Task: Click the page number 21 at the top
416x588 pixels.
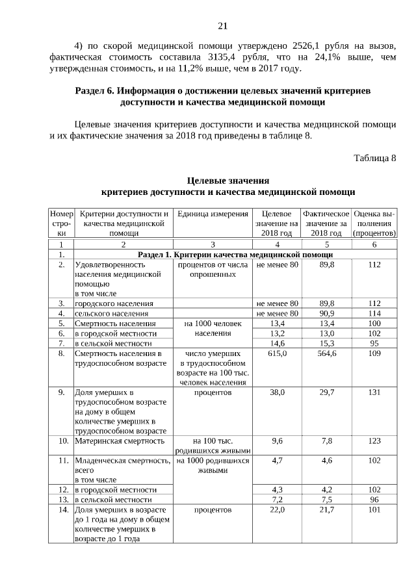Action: pos(222,26)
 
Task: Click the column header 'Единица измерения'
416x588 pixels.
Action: pos(213,214)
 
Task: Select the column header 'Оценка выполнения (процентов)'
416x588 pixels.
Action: pos(374,223)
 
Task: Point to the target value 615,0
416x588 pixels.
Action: pos(277,353)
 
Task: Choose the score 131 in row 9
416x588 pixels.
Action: pos(374,392)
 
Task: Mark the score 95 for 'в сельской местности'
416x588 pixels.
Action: pos(374,343)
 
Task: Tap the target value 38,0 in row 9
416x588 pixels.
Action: pos(277,392)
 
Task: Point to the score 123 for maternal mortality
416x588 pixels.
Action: pos(374,441)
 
